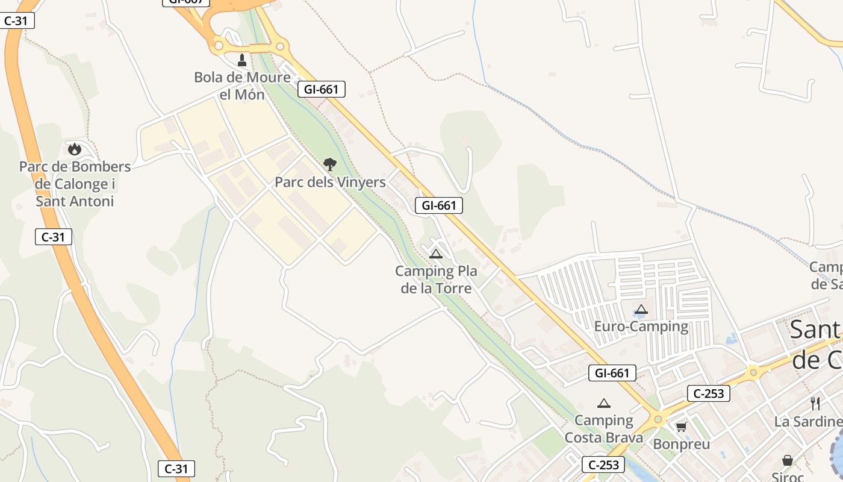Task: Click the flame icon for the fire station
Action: (x=75, y=148)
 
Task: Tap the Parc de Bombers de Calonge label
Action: (x=75, y=184)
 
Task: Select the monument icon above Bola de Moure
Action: (x=242, y=60)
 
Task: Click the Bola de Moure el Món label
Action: (x=242, y=86)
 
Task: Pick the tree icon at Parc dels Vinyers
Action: (x=329, y=164)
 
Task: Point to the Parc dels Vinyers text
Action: (x=330, y=182)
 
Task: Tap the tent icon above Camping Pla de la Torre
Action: (x=436, y=254)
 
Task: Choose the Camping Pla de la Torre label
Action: (x=436, y=280)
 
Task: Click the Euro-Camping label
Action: (x=641, y=327)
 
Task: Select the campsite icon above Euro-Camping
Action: (x=641, y=310)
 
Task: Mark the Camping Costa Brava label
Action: (x=604, y=429)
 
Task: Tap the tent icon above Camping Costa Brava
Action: (x=604, y=403)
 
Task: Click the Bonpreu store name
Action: (x=682, y=445)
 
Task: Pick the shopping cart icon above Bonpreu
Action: (x=681, y=427)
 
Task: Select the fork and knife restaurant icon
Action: (x=815, y=403)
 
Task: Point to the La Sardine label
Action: (x=808, y=422)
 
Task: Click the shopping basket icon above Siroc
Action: (x=787, y=461)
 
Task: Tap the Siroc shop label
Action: (x=788, y=477)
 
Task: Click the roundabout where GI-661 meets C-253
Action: (x=658, y=419)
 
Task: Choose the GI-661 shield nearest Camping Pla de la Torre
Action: (x=439, y=205)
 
